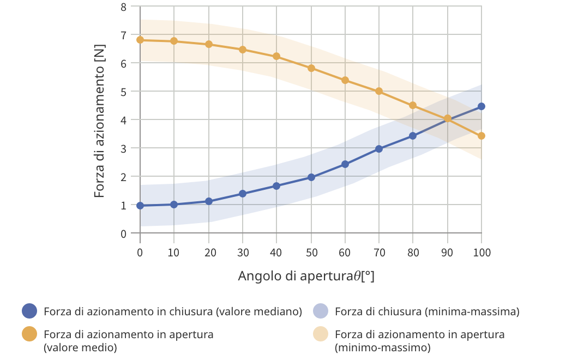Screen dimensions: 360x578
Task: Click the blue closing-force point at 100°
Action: point(481,106)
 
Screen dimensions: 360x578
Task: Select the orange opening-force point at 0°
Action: point(140,40)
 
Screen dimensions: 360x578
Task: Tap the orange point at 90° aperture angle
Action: point(448,118)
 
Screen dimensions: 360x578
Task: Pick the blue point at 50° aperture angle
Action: point(311,177)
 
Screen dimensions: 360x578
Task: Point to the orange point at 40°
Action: point(276,56)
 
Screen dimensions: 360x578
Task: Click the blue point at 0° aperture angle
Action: point(140,206)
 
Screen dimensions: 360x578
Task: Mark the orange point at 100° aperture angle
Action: point(481,136)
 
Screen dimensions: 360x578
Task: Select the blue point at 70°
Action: point(379,149)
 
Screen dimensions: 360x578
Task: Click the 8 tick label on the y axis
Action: point(123,7)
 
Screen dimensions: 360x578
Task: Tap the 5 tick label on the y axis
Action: point(123,92)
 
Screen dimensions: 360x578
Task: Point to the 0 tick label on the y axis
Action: point(123,233)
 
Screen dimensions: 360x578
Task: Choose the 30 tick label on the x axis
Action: point(243,253)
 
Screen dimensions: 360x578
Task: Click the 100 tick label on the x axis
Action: point(481,253)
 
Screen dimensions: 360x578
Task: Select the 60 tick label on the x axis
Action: point(345,253)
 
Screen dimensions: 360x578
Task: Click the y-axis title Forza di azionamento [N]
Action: point(99,121)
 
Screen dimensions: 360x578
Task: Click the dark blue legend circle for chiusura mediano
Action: point(29,311)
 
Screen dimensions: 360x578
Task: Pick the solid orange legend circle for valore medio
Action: point(29,334)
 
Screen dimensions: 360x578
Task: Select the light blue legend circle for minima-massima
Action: point(321,311)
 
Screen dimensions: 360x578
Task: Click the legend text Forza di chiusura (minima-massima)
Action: point(426,312)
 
